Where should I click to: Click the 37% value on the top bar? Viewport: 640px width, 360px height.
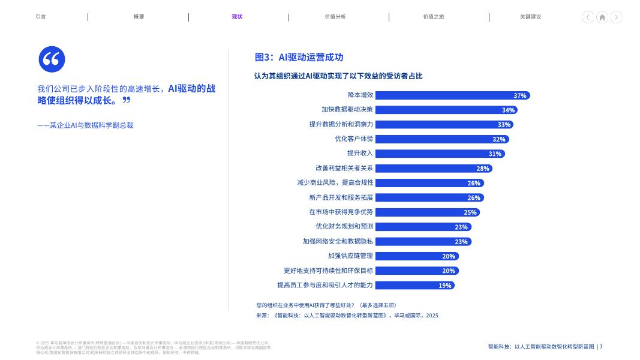click(519, 95)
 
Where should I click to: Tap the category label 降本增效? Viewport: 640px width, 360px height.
click(360, 95)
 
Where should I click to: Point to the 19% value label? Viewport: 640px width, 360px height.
click(444, 286)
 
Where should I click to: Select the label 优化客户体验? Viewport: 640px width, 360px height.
click(354, 139)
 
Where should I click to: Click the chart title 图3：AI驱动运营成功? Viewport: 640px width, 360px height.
click(299, 58)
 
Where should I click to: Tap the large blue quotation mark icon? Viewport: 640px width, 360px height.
click(52, 59)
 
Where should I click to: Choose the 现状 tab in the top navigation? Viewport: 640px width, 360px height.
click(238, 17)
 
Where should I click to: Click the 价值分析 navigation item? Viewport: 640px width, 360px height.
click(335, 17)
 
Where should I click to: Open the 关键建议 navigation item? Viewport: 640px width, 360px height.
click(530, 17)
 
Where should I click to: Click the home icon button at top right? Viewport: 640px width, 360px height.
click(602, 17)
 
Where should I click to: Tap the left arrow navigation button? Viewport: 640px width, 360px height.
click(588, 17)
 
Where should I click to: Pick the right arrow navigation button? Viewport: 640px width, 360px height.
click(616, 17)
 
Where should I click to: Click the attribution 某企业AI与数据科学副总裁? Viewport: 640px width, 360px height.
click(85, 125)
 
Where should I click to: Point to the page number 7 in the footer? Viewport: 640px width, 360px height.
click(601, 347)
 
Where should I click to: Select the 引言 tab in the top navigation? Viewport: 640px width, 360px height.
click(41, 17)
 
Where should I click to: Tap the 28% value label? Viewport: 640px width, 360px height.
click(483, 169)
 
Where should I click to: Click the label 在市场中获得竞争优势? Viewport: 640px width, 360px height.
click(341, 212)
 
